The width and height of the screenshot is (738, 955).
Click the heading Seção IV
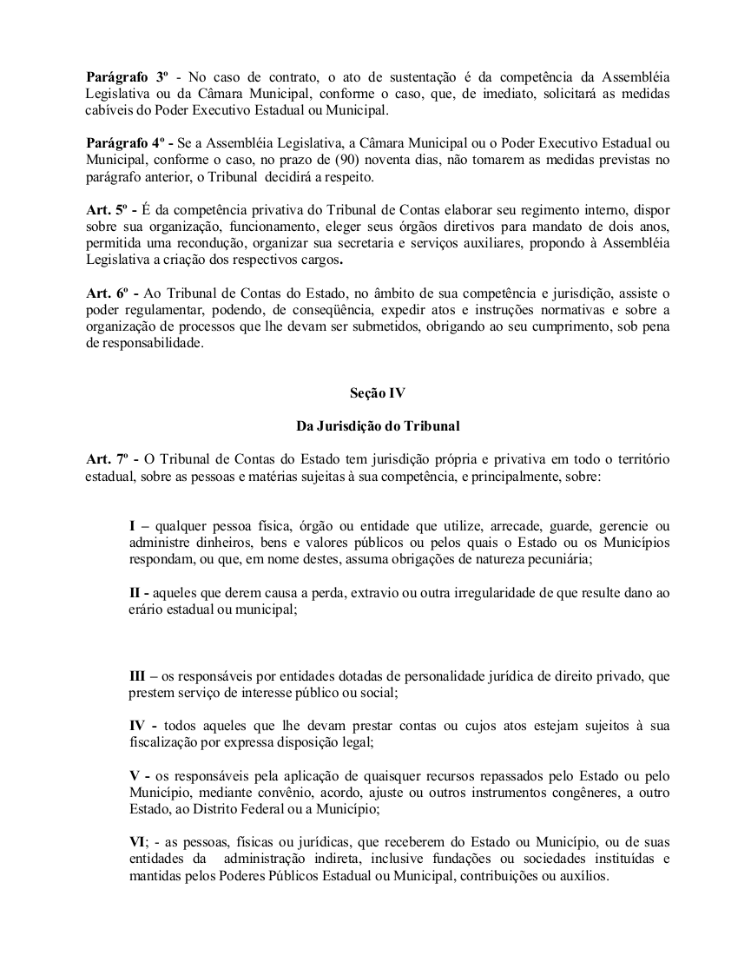pos(372,393)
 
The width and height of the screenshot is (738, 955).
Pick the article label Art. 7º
pos(106,458)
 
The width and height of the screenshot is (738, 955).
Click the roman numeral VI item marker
pos(138,841)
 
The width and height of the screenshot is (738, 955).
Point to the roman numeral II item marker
pos(135,592)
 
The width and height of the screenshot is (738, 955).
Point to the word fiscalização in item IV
pos(166,742)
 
